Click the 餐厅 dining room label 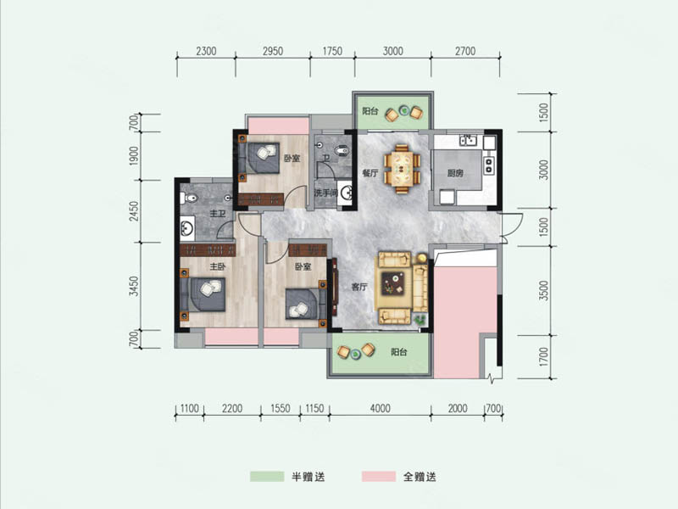coord(370,173)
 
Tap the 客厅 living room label coord(359,287)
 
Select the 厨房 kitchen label coord(455,173)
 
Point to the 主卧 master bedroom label coord(218,266)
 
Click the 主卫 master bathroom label coord(218,214)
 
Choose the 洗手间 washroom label coord(325,193)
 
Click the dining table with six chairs coord(402,169)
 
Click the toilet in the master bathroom coord(188,199)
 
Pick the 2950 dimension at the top coord(273,51)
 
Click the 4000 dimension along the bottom coord(380,408)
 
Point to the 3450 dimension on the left coord(136,286)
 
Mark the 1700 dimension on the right coord(544,356)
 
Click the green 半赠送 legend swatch coord(267,477)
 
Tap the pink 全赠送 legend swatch coord(379,477)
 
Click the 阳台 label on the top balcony coord(370,111)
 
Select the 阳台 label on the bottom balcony coord(398,352)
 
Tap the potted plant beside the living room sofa coord(419,320)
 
